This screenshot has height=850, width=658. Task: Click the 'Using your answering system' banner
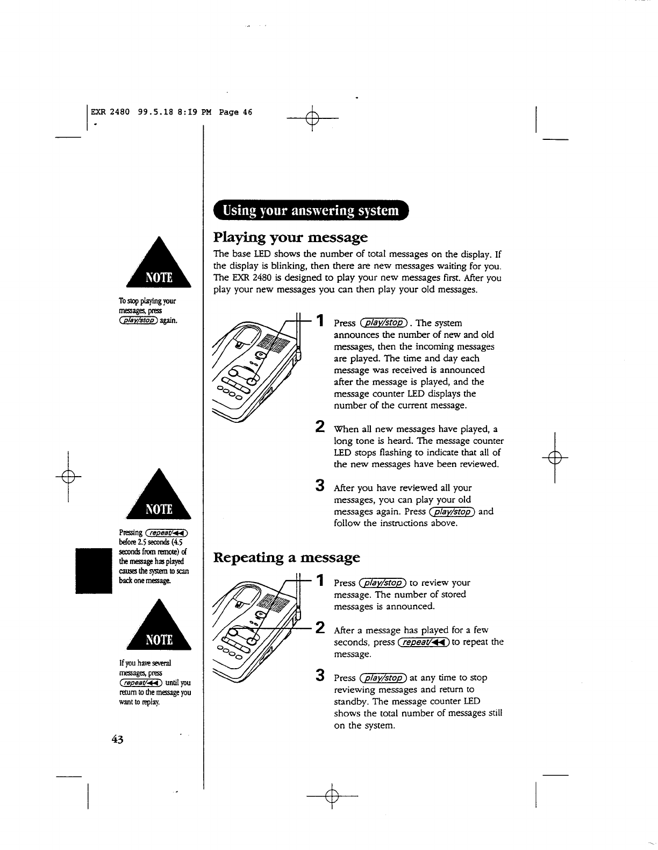311,210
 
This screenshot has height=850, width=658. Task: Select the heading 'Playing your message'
290,237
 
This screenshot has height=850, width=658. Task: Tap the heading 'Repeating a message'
287,557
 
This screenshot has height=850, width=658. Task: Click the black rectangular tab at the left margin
94,570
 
